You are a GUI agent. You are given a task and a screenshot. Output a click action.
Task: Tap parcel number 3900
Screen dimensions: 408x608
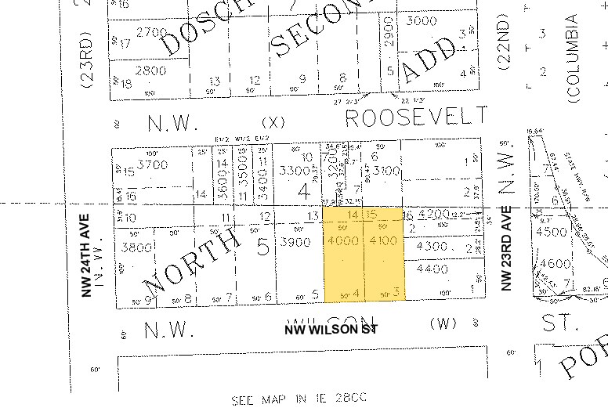pyautogui.click(x=297, y=243)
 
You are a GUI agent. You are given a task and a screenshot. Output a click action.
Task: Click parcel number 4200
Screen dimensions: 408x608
pyautogui.click(x=434, y=213)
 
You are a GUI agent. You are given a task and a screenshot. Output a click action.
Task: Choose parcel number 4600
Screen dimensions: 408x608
pyautogui.click(x=556, y=265)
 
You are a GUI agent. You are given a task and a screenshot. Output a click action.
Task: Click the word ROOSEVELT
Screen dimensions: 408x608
pyautogui.click(x=417, y=117)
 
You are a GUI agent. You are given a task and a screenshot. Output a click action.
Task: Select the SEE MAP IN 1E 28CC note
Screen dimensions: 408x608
pyautogui.click(x=299, y=400)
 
